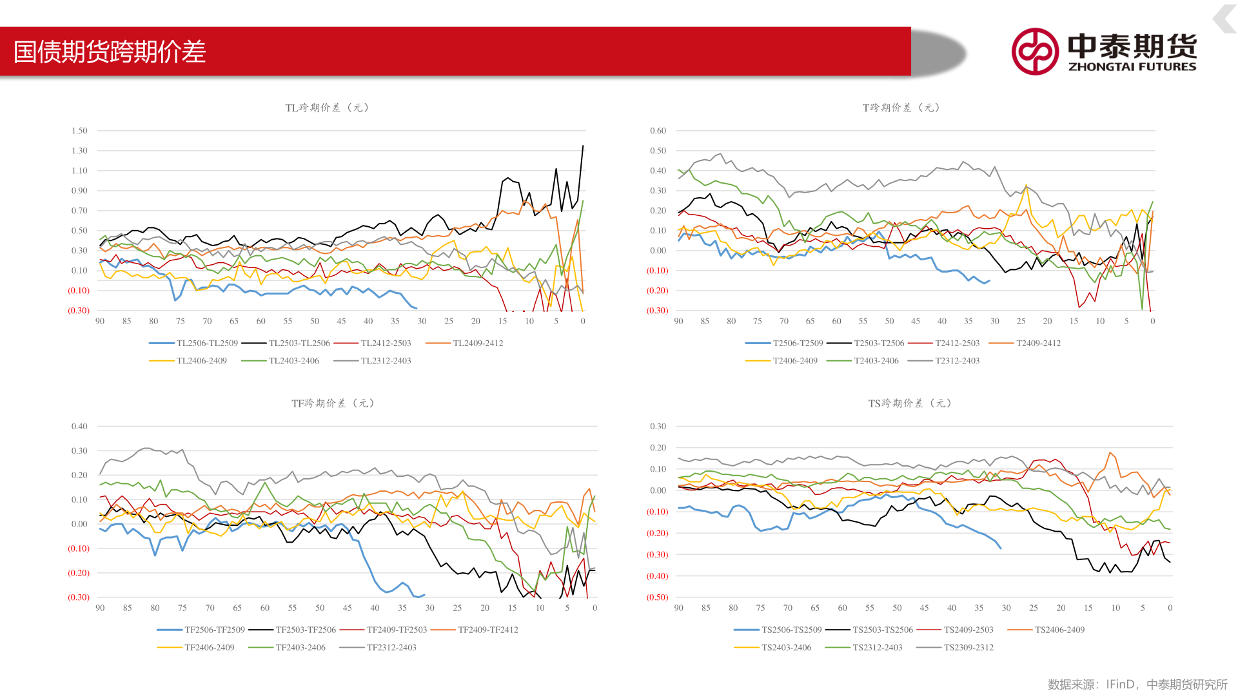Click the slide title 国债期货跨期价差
coord(110,52)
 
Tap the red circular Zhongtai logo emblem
coord(1035,52)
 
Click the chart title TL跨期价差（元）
coord(327,108)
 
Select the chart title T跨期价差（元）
coord(901,108)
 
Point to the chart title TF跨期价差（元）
coord(333,403)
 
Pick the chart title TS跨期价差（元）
coord(910,403)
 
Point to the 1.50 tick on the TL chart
coord(79,131)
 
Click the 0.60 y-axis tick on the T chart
coord(658,131)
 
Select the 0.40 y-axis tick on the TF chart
coord(79,427)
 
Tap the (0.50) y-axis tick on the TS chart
coord(657,597)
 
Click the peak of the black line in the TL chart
coord(583,146)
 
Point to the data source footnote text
coord(1137,684)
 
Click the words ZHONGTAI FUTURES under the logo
coord(1132,66)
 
